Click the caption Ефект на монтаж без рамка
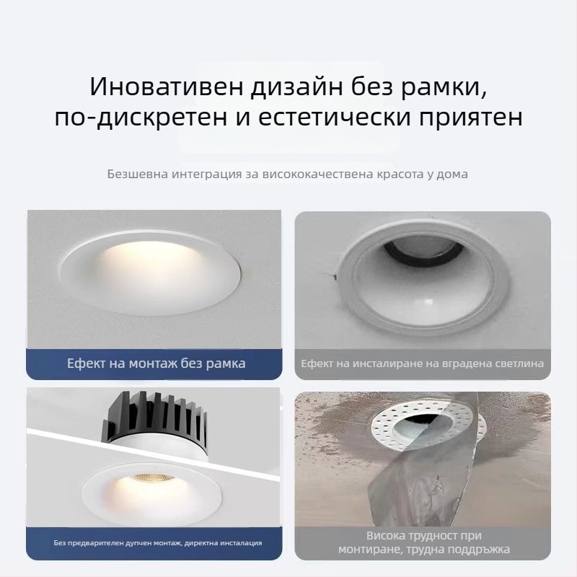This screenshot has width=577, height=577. (x=156, y=364)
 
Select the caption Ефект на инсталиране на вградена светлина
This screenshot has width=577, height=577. (x=422, y=364)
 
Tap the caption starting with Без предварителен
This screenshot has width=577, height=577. (x=157, y=542)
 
